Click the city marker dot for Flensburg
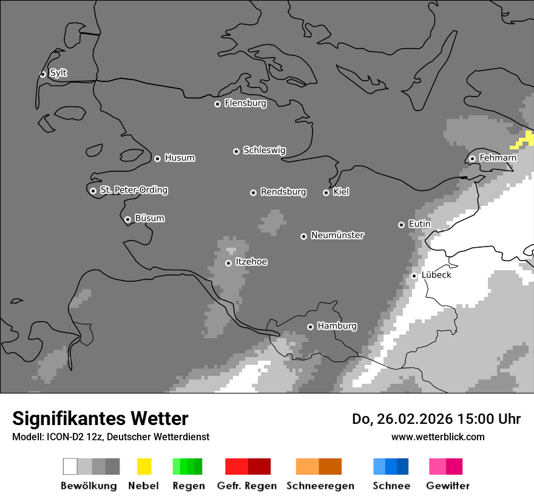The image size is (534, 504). pos(217,104)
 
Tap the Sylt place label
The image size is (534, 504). pos(58,73)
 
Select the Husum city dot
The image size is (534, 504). pos(157,158)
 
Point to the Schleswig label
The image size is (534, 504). pos(264,151)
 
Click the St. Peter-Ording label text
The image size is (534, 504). pos(133,191)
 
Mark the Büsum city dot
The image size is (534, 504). pos(127,219)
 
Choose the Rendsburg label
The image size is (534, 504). pos(283,192)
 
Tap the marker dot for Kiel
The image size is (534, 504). pos(326,192)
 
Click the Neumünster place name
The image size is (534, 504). pos(337,236)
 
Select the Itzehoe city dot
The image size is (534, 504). pos(228,263)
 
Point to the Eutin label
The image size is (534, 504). pos(419,225)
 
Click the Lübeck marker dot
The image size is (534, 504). pos(414,276)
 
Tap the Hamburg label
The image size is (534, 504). pos(337,327)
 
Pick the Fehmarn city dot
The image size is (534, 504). pos(472,159)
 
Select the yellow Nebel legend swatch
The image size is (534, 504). pos(144,466)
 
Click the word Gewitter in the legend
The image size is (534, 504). pos(447,486)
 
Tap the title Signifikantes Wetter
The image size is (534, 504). pos(100,419)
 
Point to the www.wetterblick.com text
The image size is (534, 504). pos(438,437)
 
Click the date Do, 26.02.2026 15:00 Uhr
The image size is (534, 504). pos(436,419)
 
